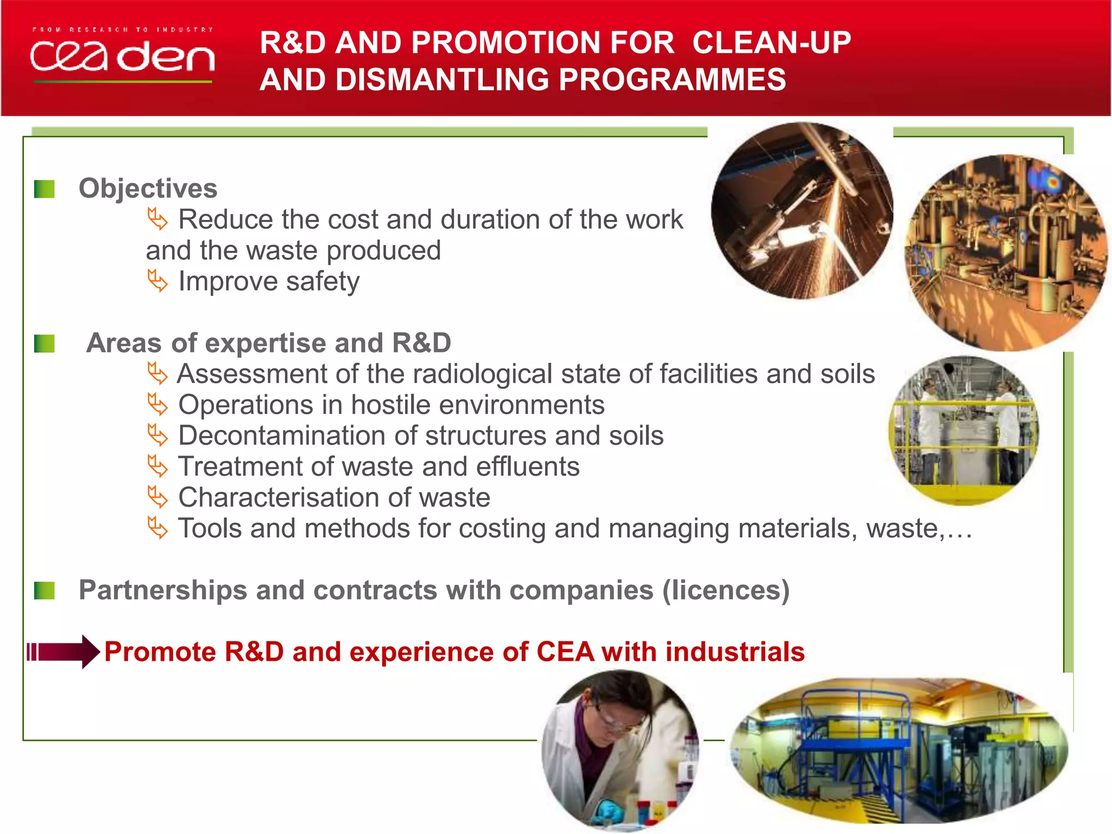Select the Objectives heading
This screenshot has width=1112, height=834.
[148, 188]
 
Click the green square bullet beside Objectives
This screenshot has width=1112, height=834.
[45, 189]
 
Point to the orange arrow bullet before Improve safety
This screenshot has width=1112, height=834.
[157, 281]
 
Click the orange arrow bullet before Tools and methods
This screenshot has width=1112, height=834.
[157, 528]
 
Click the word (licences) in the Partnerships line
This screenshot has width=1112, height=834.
[726, 590]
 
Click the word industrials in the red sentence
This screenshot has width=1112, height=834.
[735, 652]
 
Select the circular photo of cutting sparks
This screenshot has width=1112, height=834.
[802, 211]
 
